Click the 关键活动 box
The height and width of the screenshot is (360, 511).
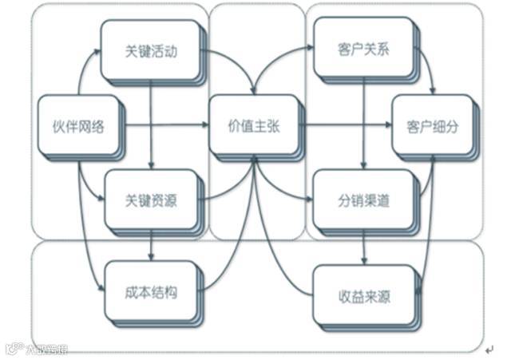(151, 52)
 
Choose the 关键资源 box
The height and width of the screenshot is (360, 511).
(151, 200)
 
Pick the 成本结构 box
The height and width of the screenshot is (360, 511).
(151, 291)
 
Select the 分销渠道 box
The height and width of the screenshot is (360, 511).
(364, 200)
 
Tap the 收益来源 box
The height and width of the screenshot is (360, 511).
(364, 297)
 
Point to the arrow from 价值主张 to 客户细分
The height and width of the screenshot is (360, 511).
(343, 125)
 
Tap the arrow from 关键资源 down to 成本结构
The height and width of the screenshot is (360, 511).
(152, 247)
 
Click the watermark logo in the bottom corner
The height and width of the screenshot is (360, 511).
(36, 349)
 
